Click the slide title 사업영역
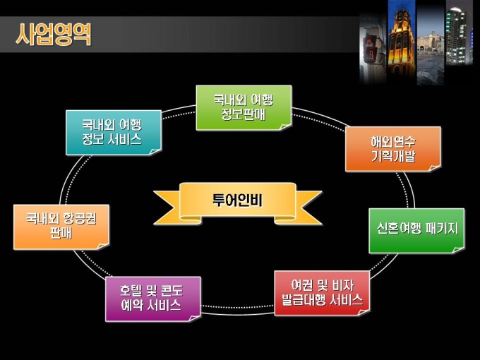(x=54, y=34)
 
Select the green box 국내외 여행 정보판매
(x=243, y=107)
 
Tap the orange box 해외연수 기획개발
(x=392, y=148)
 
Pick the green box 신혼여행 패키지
(x=416, y=229)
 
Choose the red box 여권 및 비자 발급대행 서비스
(x=321, y=293)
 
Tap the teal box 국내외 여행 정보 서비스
(x=112, y=132)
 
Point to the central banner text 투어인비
(x=237, y=200)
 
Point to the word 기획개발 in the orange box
(x=392, y=157)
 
